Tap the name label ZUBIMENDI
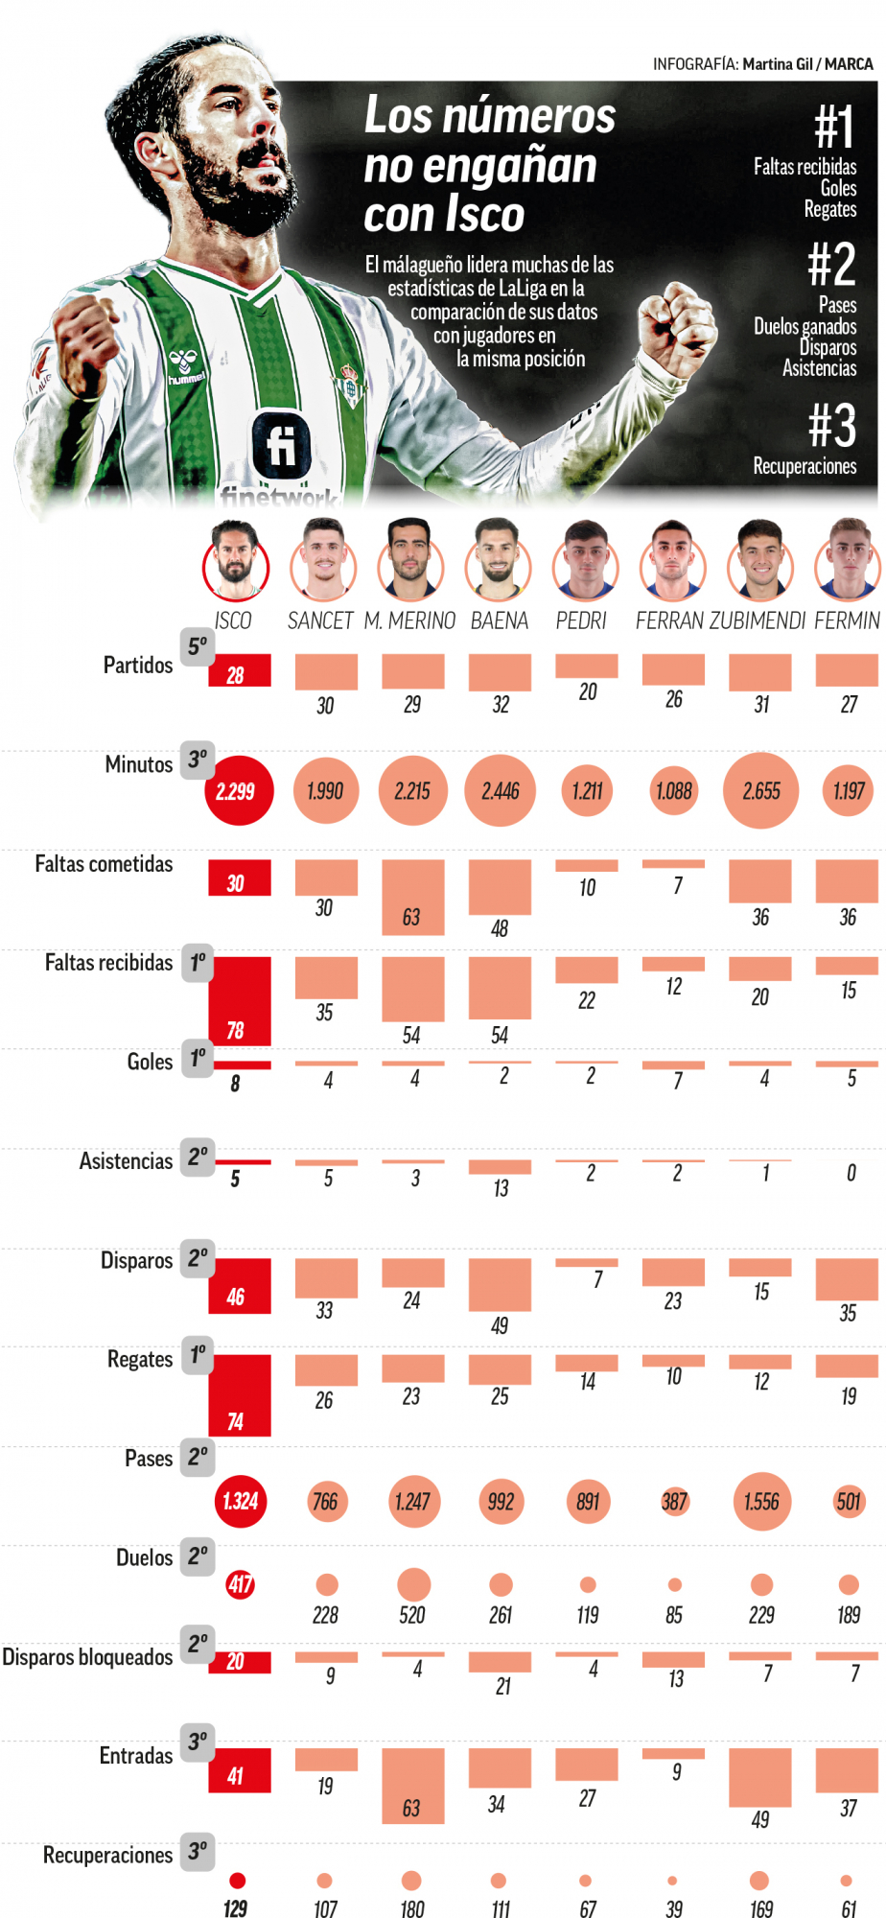[758, 620]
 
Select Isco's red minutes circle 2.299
[236, 791]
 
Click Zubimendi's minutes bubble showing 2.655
[761, 791]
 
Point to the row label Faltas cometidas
[104, 864]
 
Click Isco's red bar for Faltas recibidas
[240, 1000]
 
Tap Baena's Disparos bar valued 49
[500, 1285]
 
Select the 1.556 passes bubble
[761, 1502]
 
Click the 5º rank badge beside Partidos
[197, 646]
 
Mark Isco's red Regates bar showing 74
[240, 1394]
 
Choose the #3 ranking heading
[831, 425]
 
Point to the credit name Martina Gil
[777, 64]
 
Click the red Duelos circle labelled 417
[240, 1584]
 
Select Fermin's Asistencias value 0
[851, 1173]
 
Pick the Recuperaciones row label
[107, 1855]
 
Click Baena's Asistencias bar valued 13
[500, 1167]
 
